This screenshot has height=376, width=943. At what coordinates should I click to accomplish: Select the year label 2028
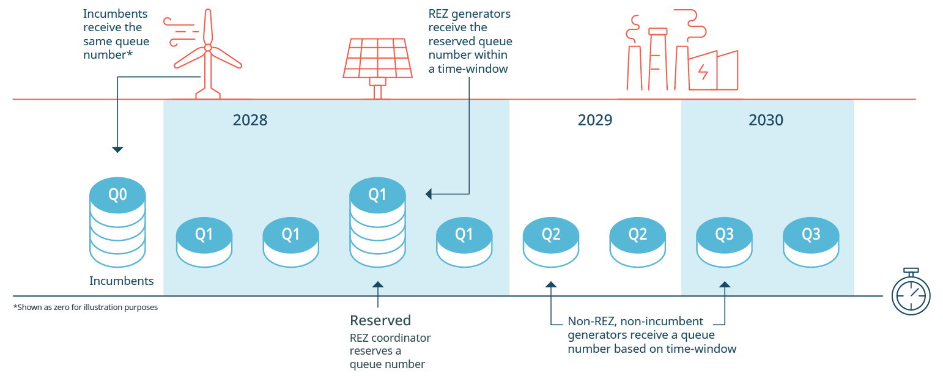point(250,120)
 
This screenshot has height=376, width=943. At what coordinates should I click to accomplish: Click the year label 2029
point(595,120)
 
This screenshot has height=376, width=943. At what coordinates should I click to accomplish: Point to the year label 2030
point(766,120)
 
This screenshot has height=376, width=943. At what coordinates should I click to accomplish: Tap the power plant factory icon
point(682,55)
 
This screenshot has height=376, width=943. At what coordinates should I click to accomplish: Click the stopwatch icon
point(911,292)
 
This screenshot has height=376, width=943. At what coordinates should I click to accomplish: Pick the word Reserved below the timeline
point(380,320)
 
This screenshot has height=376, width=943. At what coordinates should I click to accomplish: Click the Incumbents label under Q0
point(122,281)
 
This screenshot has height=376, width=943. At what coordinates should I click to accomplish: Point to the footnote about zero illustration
point(86,308)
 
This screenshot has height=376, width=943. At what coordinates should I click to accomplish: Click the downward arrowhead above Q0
point(117,150)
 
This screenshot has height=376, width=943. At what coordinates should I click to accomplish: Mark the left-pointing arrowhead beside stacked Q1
point(429,194)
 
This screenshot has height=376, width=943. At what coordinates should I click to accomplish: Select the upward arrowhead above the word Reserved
point(378,284)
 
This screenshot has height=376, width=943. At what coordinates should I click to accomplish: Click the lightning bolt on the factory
point(703,72)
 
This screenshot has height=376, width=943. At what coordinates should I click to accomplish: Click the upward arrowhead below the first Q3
point(725,284)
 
